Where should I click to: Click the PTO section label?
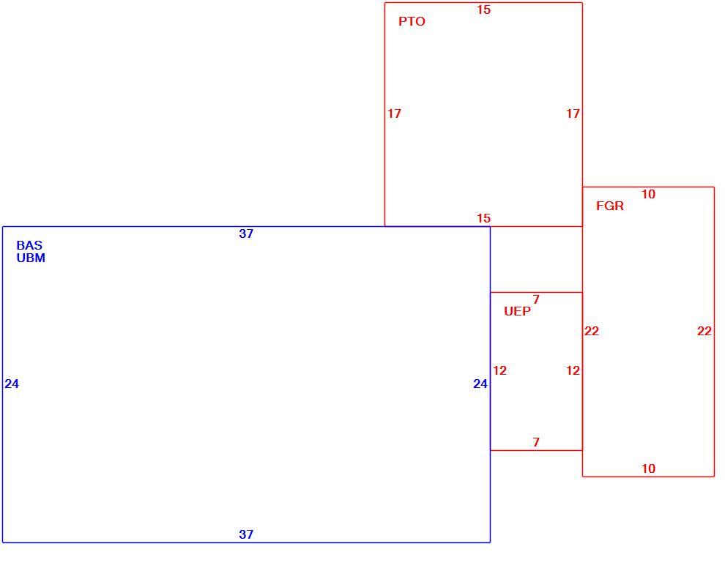412,21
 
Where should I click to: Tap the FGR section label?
610,206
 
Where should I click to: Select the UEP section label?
518,311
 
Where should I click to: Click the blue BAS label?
29,245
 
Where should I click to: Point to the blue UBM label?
31,258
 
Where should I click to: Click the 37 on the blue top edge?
246,233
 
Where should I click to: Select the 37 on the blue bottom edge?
246,534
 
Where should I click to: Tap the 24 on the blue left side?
12,384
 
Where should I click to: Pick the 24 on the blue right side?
480,384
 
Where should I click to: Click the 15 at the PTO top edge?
483,10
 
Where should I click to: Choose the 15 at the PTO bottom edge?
483,218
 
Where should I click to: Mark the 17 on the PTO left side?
395,113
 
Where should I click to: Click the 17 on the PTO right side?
573,113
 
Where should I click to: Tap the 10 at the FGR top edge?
648,194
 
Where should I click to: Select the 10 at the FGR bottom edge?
648,468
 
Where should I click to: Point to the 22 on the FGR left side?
592,331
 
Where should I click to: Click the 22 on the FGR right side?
704,331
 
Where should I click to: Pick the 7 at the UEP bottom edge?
536,442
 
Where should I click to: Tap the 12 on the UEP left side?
500,370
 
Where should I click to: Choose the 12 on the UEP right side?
573,370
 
